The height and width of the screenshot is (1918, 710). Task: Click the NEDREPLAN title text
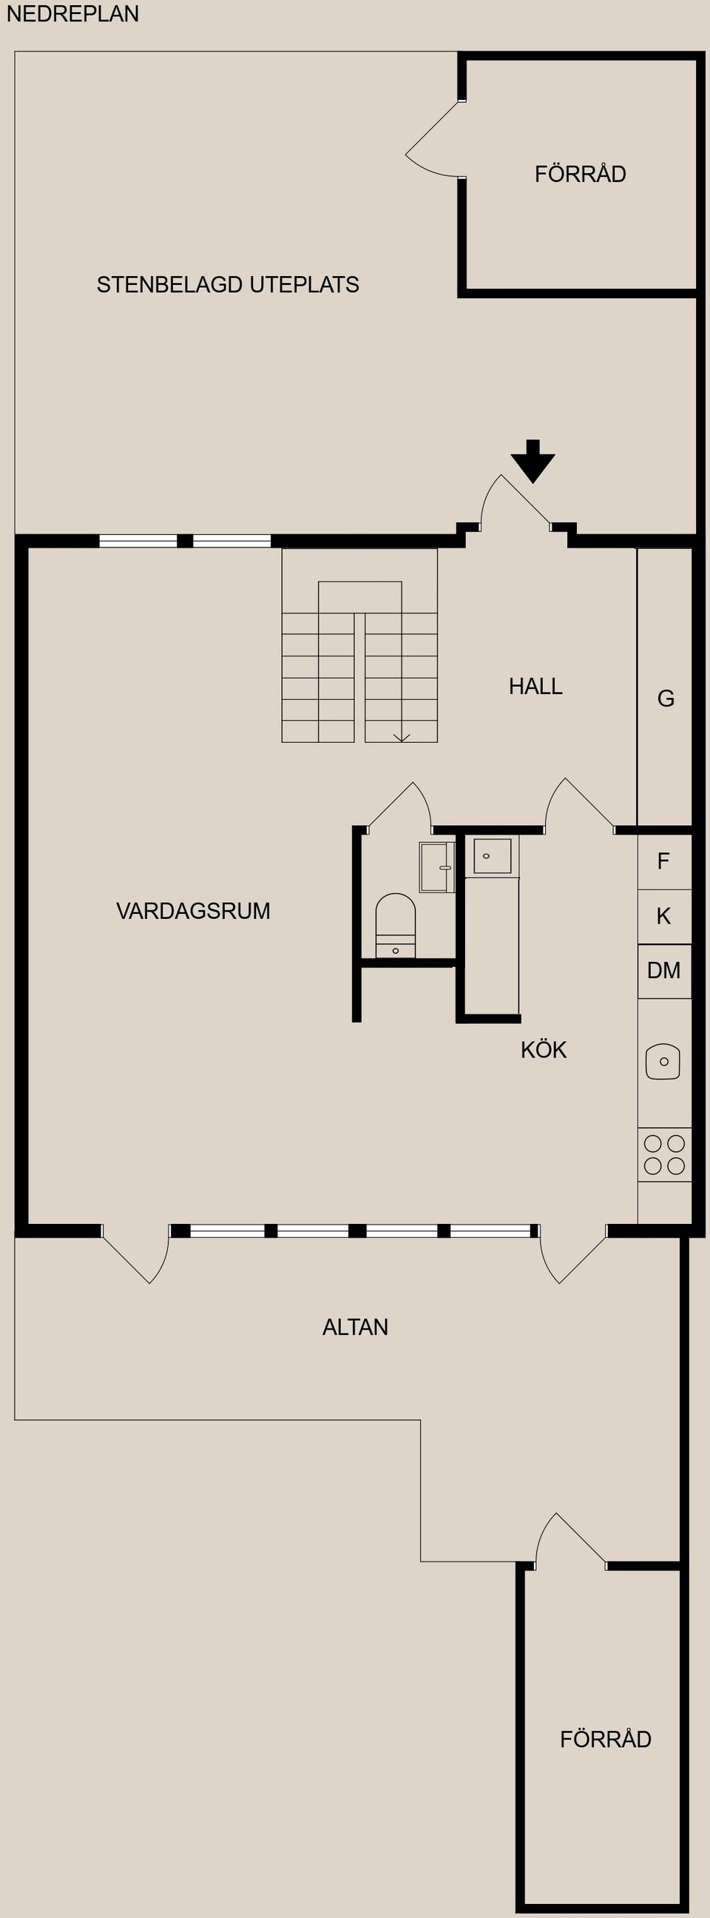point(72,14)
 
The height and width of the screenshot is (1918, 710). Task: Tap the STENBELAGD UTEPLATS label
point(228,284)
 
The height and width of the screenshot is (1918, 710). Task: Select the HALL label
point(535,686)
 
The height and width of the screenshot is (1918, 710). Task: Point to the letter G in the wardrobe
point(666,699)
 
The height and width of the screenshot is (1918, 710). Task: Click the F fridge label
point(663,861)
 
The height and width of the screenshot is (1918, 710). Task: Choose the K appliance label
point(663,916)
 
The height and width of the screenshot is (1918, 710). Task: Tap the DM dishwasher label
point(663,970)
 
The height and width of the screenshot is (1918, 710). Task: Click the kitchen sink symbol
point(663,1061)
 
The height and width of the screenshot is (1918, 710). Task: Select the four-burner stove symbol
point(664,1154)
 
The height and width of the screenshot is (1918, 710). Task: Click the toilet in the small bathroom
point(395,923)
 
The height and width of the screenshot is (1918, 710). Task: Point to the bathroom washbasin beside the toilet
point(437,867)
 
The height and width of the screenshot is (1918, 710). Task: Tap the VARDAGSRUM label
point(193,911)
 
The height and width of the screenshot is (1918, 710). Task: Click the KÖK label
point(544,1050)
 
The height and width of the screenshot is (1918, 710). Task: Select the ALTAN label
point(355,1327)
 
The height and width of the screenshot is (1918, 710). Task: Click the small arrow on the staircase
point(401,737)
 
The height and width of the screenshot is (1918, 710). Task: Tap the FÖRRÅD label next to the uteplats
point(580,174)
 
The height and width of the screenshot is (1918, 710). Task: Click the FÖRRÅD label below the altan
point(605,1739)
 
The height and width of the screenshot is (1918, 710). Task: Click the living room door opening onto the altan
point(138,1256)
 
